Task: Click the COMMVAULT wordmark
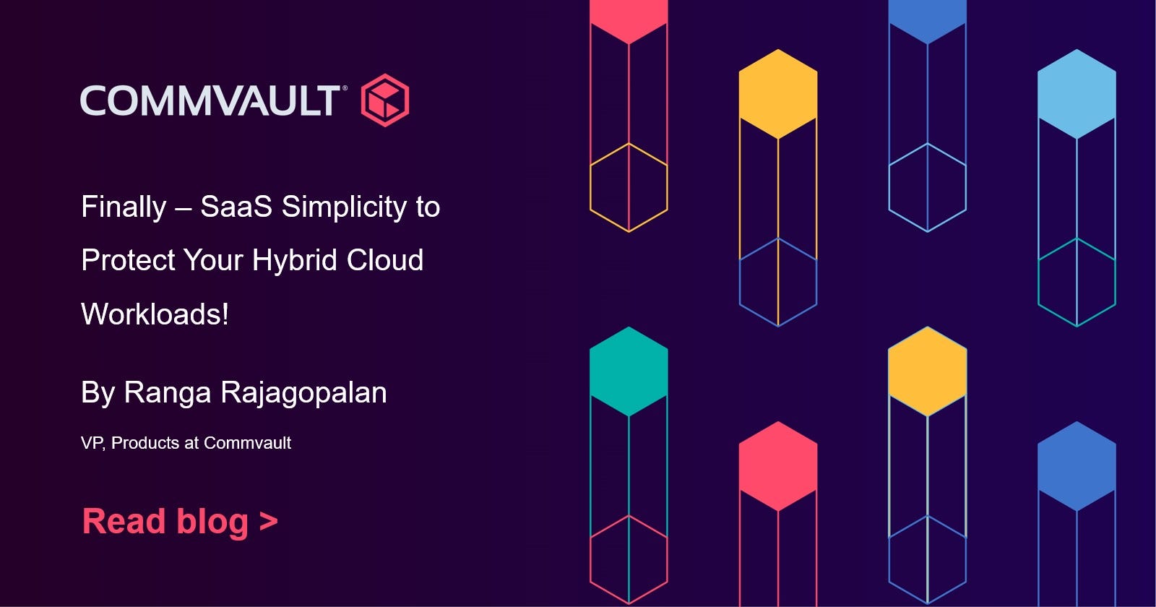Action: click(210, 100)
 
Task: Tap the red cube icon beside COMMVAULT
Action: click(385, 100)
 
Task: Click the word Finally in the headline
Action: click(124, 207)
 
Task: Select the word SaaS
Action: click(236, 207)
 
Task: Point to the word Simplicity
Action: click(344, 207)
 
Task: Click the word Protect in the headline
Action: click(128, 259)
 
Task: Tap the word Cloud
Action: click(385, 259)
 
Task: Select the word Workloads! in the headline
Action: click(155, 314)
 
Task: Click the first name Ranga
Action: click(168, 393)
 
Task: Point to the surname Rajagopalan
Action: click(304, 393)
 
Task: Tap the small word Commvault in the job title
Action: click(247, 443)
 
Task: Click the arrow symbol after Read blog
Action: click(268, 521)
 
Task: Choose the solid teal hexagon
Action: click(629, 371)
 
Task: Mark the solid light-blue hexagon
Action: click(1077, 94)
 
